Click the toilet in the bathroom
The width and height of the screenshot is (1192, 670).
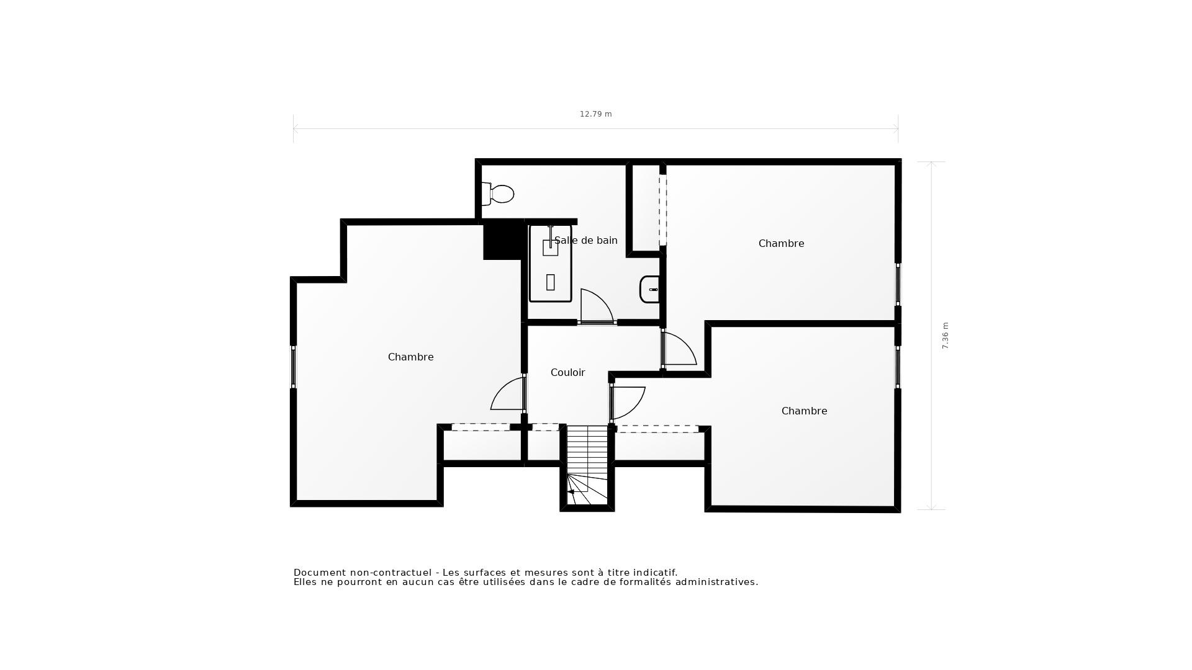pos(499,194)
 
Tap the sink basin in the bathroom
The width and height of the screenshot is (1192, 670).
pos(649,290)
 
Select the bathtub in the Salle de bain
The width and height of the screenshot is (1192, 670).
pos(550,264)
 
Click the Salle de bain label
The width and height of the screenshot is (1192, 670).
pos(585,241)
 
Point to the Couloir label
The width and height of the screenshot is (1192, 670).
pos(567,373)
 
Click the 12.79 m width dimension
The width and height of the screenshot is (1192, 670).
pos(595,114)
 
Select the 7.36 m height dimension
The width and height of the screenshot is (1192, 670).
pos(946,336)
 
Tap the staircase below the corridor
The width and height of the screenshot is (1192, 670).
pos(587,465)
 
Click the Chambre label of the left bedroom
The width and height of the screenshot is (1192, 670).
pos(410,357)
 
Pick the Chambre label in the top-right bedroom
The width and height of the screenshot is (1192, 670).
pos(781,244)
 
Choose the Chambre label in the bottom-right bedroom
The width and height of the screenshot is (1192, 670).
pos(804,411)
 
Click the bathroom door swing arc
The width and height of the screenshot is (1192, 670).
pos(596,306)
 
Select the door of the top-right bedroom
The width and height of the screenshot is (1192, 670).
pos(679,349)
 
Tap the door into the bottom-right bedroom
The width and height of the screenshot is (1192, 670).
pos(628,401)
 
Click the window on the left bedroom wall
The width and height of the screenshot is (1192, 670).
pos(294,367)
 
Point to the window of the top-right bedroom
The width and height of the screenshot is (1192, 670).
pos(898,284)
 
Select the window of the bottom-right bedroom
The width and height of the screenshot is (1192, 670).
pos(898,367)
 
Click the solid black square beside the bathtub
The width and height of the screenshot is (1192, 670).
pos(503,241)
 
